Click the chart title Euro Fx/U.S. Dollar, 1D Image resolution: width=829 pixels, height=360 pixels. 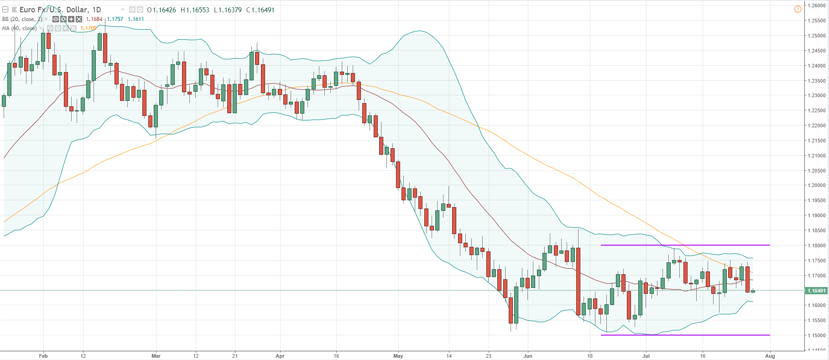coord(60,10)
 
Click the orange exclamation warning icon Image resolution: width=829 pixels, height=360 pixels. coord(798,9)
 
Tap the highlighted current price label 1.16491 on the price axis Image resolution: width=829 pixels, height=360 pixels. coord(816,291)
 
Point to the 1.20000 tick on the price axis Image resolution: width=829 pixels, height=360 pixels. coord(816,185)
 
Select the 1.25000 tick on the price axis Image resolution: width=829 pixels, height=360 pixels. coord(816,36)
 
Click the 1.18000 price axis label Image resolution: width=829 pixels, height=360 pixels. coord(816,245)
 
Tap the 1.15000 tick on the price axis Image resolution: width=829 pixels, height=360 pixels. coord(816,335)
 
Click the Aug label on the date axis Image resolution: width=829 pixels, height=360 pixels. coord(770,356)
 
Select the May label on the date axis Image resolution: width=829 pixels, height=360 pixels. coord(398,356)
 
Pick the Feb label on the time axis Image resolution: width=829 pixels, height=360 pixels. coord(43,356)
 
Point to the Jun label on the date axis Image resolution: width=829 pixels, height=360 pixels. coord(528,356)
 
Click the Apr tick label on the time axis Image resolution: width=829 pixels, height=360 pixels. coord(280,356)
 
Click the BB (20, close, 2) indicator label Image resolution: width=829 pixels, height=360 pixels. coord(22,19)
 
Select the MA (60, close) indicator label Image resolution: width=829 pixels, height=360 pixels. coord(19,28)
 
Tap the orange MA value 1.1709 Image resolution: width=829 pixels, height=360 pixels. coord(89,28)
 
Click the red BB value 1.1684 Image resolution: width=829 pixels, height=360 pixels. coord(94,19)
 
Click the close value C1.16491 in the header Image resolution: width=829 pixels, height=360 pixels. coord(261,10)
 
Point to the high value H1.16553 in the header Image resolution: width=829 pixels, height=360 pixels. coord(195,10)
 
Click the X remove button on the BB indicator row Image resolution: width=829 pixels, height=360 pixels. coord(79,19)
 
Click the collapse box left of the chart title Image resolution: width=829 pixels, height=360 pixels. coord(5,10)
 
